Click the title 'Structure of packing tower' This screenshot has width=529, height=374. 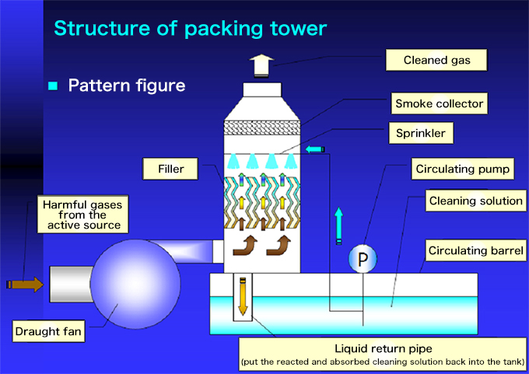pyautogui.click(x=190, y=28)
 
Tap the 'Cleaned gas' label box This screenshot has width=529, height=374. pyautogui.click(x=435, y=59)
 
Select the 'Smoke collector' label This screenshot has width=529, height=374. pyautogui.click(x=440, y=103)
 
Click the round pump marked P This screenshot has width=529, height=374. pyautogui.click(x=363, y=258)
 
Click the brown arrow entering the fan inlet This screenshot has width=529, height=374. pyautogui.click(x=26, y=285)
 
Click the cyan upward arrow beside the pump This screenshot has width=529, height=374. pyautogui.click(x=338, y=225)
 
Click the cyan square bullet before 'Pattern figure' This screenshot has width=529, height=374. pyautogui.click(x=53, y=86)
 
